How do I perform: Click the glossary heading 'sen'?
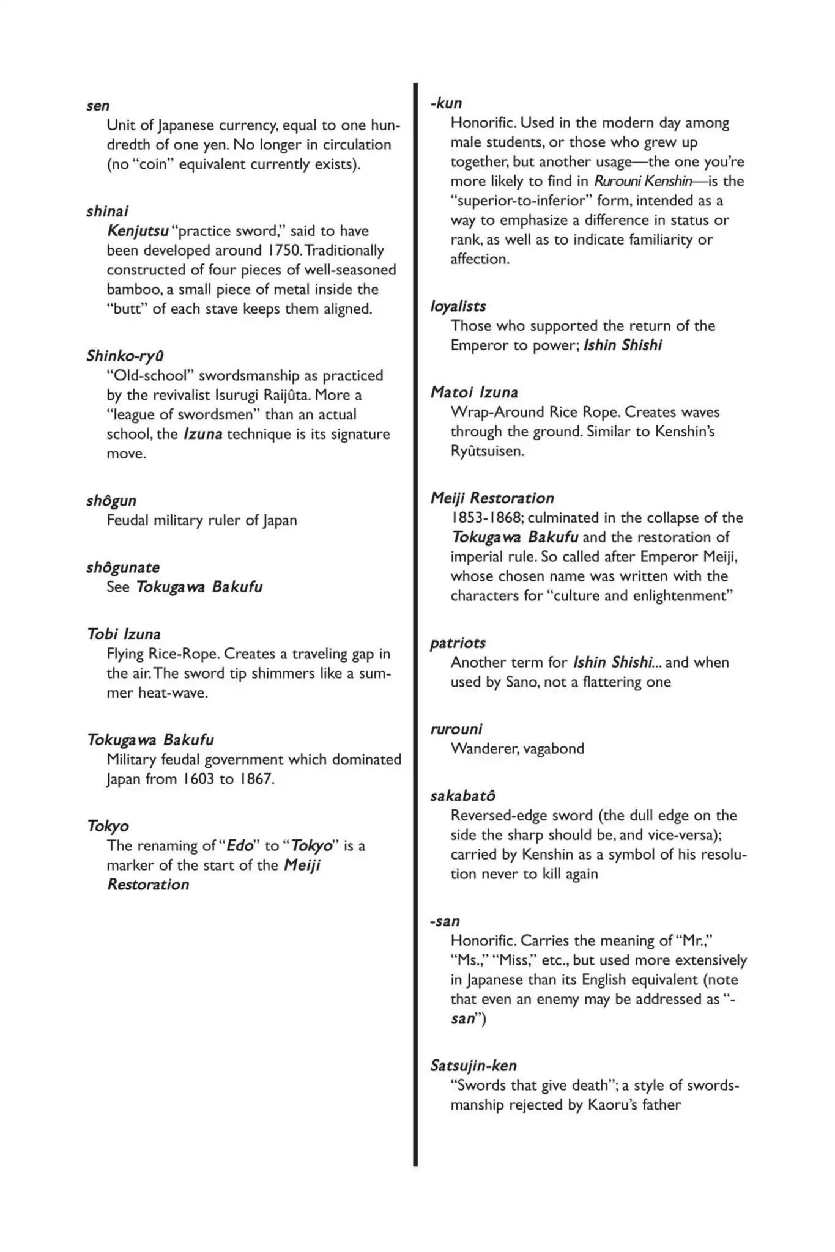98,106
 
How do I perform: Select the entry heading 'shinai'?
108,212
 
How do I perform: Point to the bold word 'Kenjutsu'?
138,231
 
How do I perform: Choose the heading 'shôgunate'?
123,567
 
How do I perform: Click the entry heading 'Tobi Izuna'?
124,634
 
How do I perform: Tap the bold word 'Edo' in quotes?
240,845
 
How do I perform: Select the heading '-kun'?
447,103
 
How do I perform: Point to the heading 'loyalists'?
458,306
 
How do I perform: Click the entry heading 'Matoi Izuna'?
475,392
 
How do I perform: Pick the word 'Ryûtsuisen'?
487,451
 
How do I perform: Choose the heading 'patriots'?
458,643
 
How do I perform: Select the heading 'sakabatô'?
462,796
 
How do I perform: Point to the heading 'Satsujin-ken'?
473,1066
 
